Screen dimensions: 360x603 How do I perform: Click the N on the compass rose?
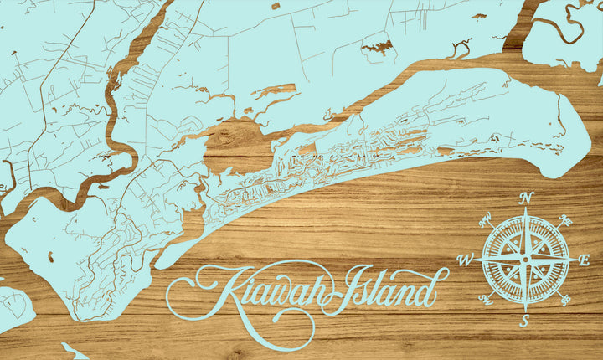[x=527, y=198]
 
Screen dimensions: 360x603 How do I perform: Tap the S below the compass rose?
[x=525, y=321]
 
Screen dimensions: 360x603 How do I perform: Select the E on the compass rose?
[x=585, y=260]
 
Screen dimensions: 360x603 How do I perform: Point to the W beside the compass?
[x=466, y=260]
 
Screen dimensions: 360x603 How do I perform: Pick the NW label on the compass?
[x=485, y=221]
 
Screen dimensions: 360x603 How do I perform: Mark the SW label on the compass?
[x=485, y=299]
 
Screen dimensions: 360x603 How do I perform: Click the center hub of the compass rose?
[x=526, y=260]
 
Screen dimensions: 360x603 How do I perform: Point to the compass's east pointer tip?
[x=576, y=260]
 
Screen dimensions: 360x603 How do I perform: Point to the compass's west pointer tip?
[x=476, y=260]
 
